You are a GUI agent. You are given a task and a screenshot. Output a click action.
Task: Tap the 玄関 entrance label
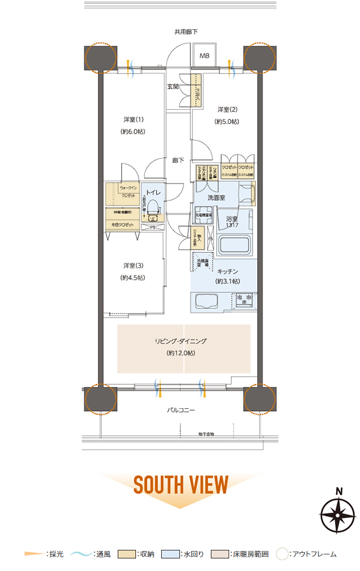tap(173, 87)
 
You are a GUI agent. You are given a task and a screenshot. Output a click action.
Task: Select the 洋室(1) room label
tap(133, 119)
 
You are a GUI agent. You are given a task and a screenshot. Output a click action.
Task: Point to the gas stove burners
tap(244, 298)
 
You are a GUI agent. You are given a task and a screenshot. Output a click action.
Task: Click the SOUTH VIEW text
tap(181, 484)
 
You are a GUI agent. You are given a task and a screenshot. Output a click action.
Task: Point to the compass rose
tap(338, 514)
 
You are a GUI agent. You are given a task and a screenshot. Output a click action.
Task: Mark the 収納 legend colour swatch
tap(126, 554)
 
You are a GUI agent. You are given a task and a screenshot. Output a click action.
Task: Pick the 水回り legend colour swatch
tap(170, 554)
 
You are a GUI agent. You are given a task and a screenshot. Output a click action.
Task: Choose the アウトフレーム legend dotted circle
tap(282, 554)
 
